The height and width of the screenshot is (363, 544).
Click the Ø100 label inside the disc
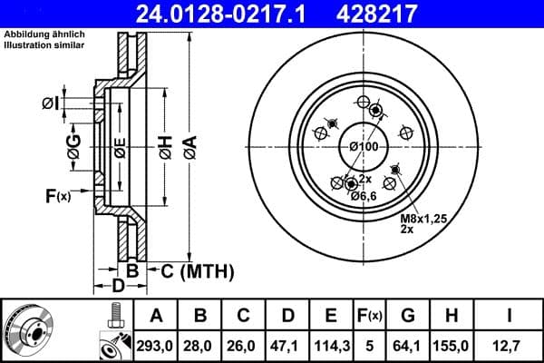click(x=364, y=148)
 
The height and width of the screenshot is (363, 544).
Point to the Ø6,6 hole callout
click(x=364, y=197)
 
